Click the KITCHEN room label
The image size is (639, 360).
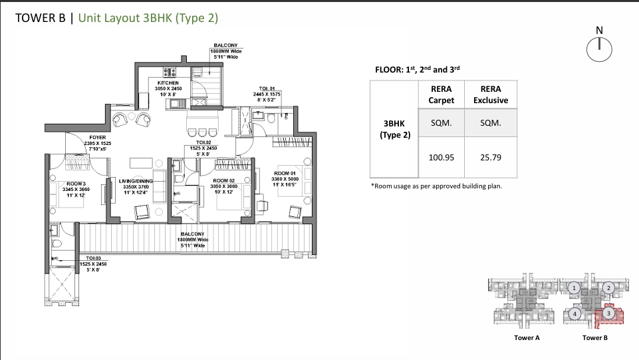point(168,83)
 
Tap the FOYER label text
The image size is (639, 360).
point(97,138)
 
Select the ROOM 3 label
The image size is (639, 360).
point(76,184)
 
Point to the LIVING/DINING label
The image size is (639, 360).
point(136,181)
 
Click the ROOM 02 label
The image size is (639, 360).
point(223,180)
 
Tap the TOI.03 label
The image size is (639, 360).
point(92,258)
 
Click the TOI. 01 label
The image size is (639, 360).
point(267,89)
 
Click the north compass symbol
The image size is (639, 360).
point(599,48)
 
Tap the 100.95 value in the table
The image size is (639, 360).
point(441,158)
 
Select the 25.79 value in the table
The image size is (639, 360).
point(490,158)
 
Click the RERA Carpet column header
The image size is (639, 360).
point(441,94)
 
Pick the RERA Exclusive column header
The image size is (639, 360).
point(490,94)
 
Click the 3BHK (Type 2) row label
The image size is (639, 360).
point(397,129)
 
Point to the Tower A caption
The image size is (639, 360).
point(527,338)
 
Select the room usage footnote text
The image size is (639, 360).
point(436,186)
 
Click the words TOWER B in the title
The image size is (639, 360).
point(40,18)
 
